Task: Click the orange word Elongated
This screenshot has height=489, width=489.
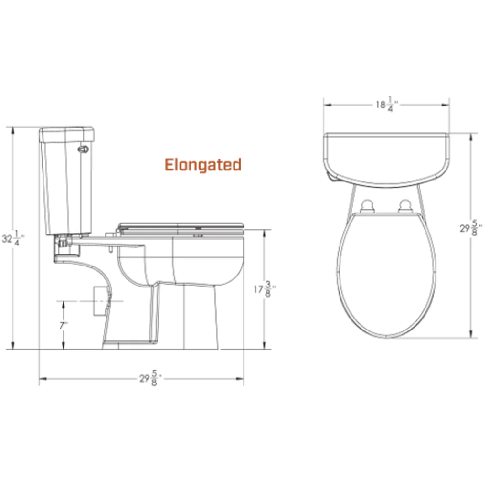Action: coord(203,165)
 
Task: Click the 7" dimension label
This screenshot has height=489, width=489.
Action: coord(63,326)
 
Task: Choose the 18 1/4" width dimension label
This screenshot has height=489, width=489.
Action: coord(387,104)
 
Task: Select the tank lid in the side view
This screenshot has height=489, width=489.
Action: coord(66,135)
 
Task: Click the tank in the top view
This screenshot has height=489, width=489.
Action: coord(386,158)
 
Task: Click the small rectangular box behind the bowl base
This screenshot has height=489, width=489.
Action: coord(99,301)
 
